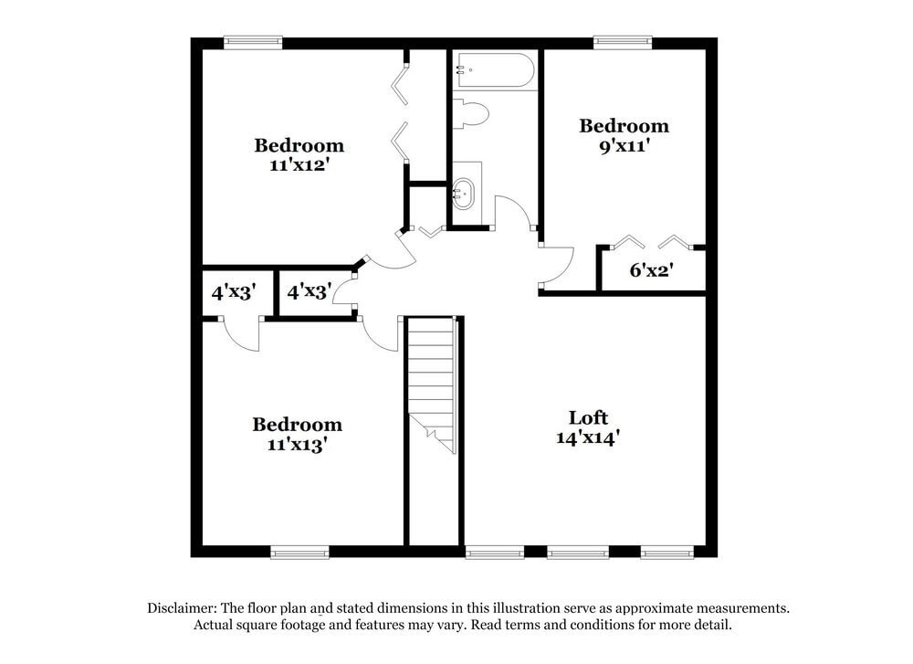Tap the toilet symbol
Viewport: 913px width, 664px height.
click(x=472, y=113)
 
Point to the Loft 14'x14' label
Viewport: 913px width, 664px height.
click(x=588, y=427)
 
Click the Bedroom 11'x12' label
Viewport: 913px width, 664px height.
click(x=299, y=154)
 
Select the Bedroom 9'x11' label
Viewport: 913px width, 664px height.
click(x=624, y=135)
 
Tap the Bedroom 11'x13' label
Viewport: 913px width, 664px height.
click(x=297, y=434)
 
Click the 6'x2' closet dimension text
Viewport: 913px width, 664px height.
click(x=652, y=270)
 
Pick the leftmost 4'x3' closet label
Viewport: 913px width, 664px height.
click(x=234, y=292)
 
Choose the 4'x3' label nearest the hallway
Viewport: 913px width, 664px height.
click(x=309, y=292)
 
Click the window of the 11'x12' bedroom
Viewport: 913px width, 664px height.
click(x=253, y=41)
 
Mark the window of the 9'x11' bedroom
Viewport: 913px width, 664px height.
click(x=623, y=41)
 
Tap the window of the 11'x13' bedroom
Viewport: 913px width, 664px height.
click(x=299, y=552)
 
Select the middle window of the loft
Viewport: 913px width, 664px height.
click(x=578, y=552)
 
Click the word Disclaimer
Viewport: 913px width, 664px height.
click(x=183, y=608)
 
